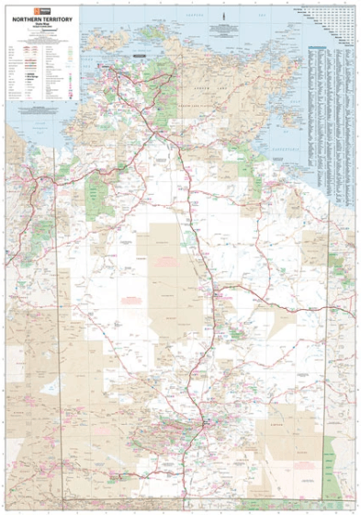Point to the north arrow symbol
tap(224, 17)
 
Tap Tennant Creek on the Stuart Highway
tap(216, 295)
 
